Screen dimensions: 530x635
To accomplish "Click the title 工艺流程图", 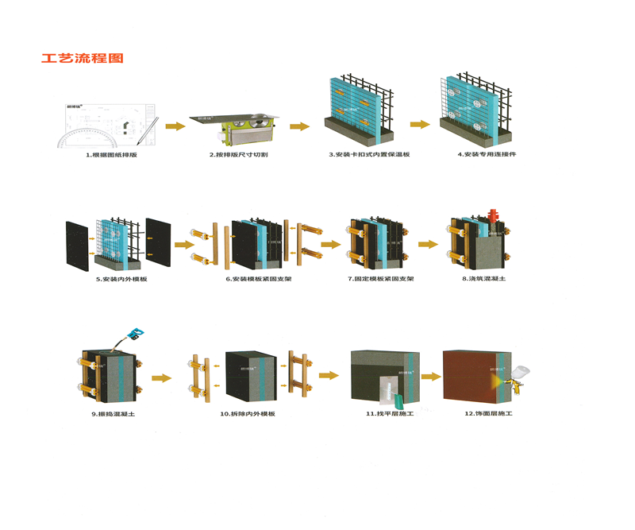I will [x=83, y=59].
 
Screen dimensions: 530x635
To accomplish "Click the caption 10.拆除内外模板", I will [x=248, y=414].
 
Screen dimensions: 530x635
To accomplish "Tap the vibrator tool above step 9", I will [x=135, y=334].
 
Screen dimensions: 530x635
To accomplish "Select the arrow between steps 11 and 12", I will [x=431, y=377].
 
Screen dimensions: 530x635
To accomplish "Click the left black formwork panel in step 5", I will [x=77, y=242].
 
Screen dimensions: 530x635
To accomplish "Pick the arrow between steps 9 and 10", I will [x=161, y=377].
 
